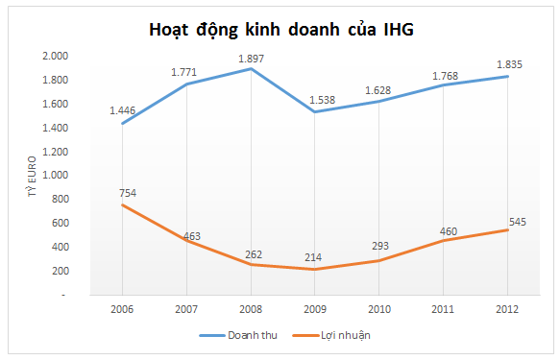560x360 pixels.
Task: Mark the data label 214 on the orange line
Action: pyautogui.click(x=315, y=257)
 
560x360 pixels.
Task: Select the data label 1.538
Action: pyautogui.click(x=315, y=99)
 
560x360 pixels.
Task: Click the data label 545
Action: pyautogui.click(x=518, y=223)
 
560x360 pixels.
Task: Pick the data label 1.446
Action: pyautogui.click(x=122, y=110)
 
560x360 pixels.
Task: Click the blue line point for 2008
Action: pyautogui.click(x=251, y=69)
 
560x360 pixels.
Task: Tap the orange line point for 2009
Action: pyautogui.click(x=315, y=270)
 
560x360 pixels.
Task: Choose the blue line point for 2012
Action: pyautogui.click(x=508, y=77)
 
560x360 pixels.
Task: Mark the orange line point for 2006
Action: pyautogui.click(x=122, y=205)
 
